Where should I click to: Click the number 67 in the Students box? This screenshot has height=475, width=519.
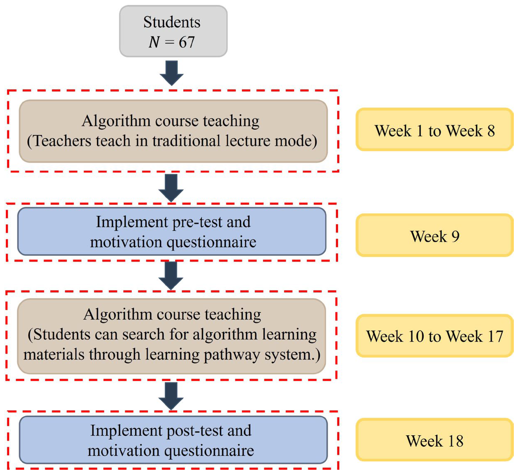point(187,42)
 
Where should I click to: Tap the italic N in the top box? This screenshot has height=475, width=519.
point(154,42)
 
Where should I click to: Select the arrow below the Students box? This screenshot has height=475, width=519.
point(171,73)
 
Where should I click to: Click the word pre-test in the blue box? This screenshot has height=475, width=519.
point(197,222)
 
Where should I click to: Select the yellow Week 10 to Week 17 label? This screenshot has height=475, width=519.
point(435,336)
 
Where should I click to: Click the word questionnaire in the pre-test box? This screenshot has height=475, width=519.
point(212,242)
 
